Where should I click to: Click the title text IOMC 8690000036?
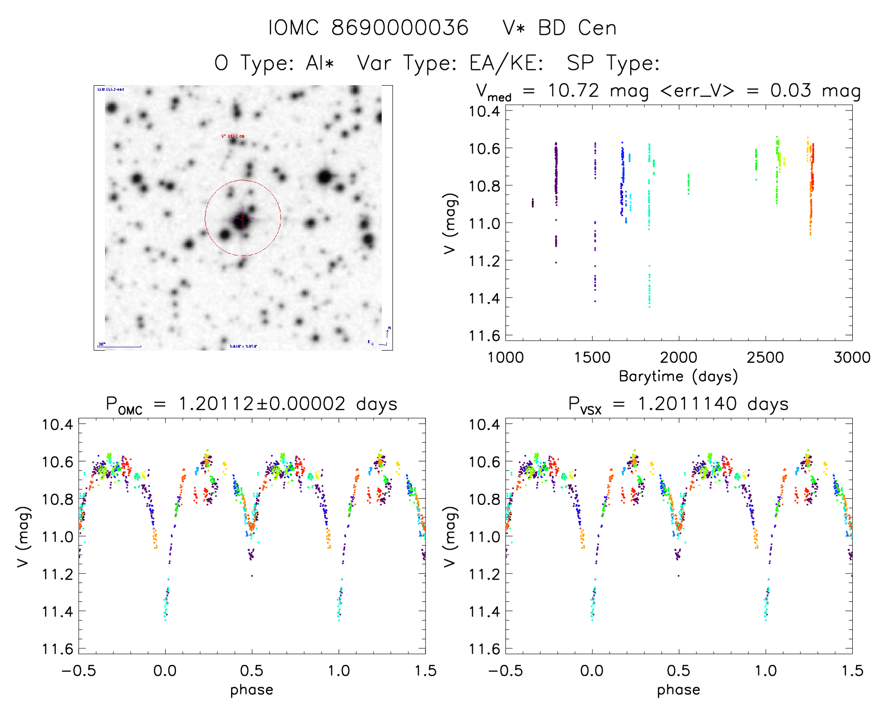(x=368, y=28)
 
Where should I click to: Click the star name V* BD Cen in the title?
(x=559, y=28)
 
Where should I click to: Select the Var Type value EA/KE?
(x=506, y=63)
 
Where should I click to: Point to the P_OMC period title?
(x=251, y=404)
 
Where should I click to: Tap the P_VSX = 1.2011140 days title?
(x=678, y=404)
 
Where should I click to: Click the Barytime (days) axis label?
(x=678, y=376)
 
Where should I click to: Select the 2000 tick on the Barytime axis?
(x=678, y=357)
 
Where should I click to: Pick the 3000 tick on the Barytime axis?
(x=851, y=357)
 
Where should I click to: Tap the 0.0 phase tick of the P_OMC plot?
(x=165, y=671)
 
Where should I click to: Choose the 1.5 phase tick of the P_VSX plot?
(x=852, y=671)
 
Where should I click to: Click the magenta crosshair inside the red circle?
(x=243, y=218)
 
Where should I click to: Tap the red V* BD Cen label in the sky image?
(x=233, y=136)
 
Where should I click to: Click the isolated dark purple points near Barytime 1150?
(x=533, y=203)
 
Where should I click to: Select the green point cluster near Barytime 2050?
(x=689, y=184)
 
